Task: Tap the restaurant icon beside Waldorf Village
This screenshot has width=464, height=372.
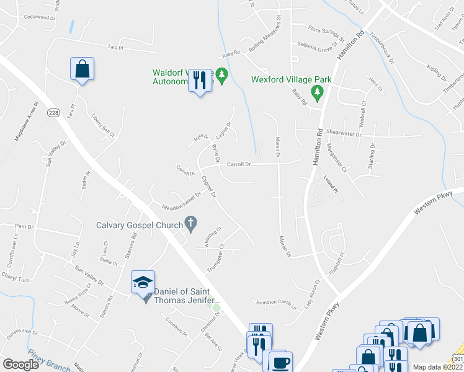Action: [200, 80]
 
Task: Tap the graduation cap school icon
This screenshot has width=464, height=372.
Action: [143, 282]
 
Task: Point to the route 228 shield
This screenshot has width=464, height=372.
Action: [54, 112]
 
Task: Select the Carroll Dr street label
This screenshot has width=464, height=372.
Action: [239, 164]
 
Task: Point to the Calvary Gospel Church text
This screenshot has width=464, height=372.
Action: [140, 225]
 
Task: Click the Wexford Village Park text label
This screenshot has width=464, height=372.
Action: [292, 79]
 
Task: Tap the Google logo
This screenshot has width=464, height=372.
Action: [20, 364]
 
